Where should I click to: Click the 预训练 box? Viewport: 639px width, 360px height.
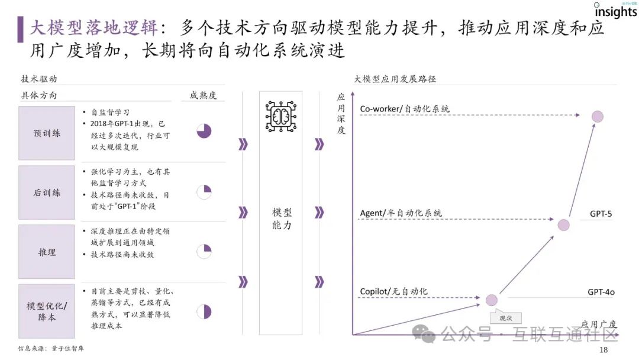47,133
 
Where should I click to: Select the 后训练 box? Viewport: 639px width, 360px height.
47,192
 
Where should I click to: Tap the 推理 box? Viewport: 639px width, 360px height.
47,252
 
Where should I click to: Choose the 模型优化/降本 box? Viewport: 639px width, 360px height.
47,311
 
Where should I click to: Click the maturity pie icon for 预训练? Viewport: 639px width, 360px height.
204,131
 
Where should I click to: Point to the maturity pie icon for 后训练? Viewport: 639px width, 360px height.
204,192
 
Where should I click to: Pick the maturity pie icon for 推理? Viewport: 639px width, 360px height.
204,251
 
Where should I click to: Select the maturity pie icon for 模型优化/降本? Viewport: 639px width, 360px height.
204,311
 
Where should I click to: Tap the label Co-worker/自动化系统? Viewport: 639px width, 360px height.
405,109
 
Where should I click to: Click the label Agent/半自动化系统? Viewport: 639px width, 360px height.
401,213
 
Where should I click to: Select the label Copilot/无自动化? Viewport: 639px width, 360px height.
393,291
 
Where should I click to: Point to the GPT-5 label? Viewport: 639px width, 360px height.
601,213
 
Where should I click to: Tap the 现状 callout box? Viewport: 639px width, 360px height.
506,318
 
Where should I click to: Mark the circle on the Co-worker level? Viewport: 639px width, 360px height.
597,117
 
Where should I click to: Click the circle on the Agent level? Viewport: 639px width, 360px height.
563,225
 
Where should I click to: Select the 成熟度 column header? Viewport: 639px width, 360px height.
203,95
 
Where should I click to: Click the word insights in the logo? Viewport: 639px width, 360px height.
615,12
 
